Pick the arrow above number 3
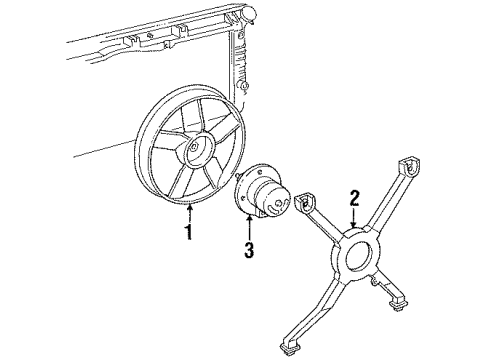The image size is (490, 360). click(x=250, y=221)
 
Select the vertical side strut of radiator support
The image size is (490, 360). click(x=240, y=70)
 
